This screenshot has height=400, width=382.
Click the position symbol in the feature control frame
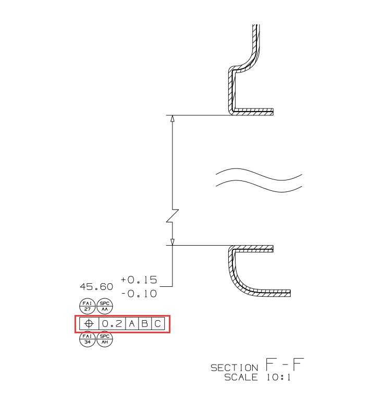(89, 324)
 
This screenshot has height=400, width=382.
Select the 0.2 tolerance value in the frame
(112, 324)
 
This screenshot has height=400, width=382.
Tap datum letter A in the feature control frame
(132, 324)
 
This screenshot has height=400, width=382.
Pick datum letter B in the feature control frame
(144, 324)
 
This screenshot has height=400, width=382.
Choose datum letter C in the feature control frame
(158, 324)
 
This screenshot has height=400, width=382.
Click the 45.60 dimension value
(96, 287)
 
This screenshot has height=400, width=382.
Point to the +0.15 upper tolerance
(139, 280)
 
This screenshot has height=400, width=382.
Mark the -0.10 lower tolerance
(139, 294)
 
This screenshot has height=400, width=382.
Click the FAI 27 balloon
(87, 306)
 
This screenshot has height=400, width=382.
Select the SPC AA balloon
(105, 306)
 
